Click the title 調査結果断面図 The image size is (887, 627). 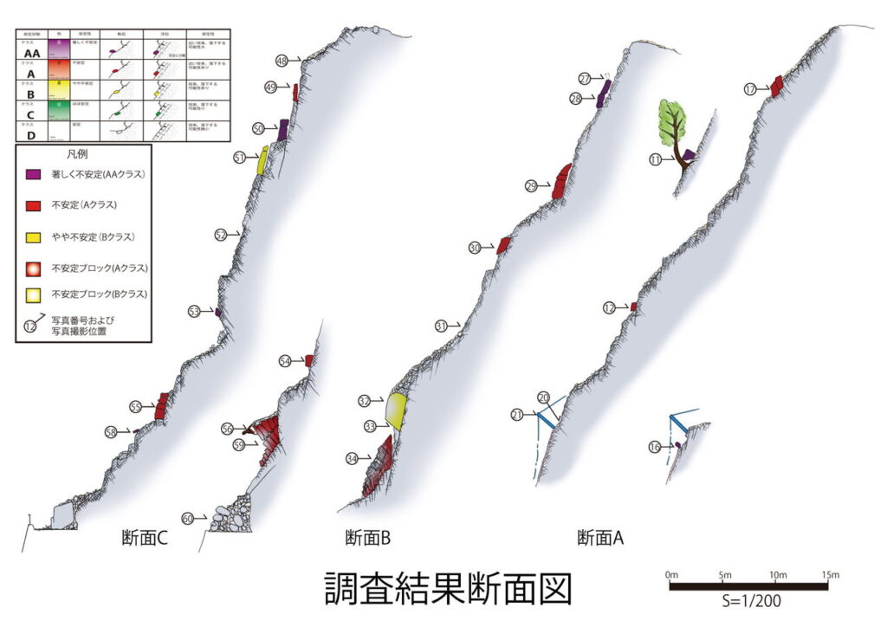point(448,590)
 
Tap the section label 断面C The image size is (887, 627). point(144,538)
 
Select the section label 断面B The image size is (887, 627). point(368,538)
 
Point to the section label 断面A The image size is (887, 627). point(601,538)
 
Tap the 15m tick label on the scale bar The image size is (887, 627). point(829,575)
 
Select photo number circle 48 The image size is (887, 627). point(282,60)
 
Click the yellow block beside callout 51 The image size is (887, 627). point(262,161)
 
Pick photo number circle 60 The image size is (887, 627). point(187,518)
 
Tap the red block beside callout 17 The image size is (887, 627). point(777,85)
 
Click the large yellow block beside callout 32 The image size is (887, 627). point(397,410)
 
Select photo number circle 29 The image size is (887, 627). point(531,186)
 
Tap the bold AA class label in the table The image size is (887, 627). point(32,53)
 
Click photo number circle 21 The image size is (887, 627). point(517,415)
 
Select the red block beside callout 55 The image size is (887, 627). point(162,405)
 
